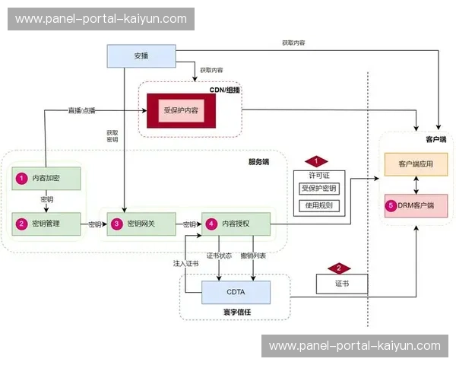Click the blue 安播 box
[x=141, y=56]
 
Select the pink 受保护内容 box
[x=181, y=111]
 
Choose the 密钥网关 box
[x=141, y=224]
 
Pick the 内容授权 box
[x=236, y=224]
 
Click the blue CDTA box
[x=236, y=291]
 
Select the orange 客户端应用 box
[x=416, y=164]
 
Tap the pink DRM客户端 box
[x=416, y=205]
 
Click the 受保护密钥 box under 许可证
[x=319, y=189]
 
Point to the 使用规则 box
[x=319, y=205]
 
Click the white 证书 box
[x=341, y=284]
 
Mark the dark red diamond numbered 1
[x=315, y=161]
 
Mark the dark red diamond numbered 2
[x=338, y=268]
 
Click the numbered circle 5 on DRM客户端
[x=391, y=205]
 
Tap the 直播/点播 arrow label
[x=82, y=111]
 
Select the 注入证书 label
[x=185, y=264]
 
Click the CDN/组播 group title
[x=224, y=90]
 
